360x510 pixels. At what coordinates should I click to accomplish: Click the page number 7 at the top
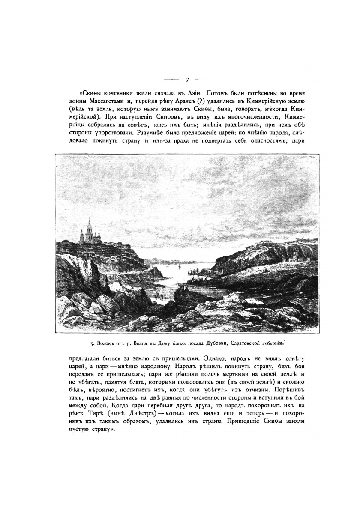[x=187, y=80]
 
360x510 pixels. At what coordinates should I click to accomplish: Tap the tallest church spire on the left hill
[x=89, y=224]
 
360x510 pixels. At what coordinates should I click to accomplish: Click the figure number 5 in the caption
[x=92, y=343]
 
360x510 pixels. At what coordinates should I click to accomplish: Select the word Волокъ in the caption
[x=105, y=343]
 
